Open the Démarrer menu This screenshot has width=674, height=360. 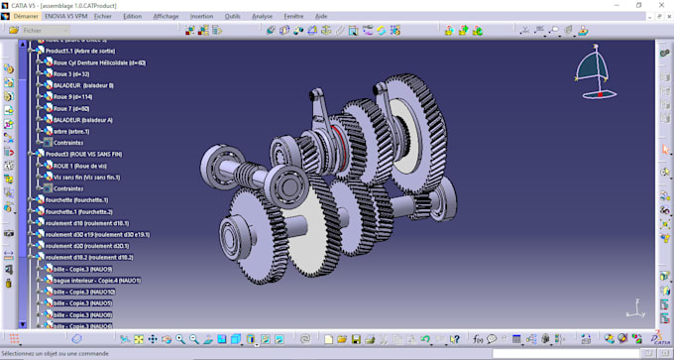point(26,16)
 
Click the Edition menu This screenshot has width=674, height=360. point(132,16)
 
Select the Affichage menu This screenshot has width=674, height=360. point(166,16)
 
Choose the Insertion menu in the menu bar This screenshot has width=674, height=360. point(201,16)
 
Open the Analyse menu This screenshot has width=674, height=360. point(262,16)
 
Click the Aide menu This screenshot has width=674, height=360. point(320,16)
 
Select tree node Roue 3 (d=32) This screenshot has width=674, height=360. point(71,74)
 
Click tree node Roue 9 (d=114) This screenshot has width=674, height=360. point(73,97)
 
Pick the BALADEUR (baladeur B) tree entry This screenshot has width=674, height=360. point(83,85)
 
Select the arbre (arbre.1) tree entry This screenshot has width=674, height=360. point(71,131)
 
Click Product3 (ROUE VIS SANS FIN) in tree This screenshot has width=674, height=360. point(83,155)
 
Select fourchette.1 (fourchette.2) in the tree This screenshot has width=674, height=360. point(79,211)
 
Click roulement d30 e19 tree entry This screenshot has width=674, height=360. point(97,234)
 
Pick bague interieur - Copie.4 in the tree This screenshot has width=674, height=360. point(96,281)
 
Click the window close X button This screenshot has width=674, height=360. point(658,5)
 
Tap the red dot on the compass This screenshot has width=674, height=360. point(598,94)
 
